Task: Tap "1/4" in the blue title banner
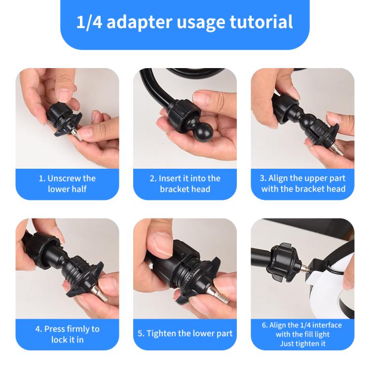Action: [x=89, y=22]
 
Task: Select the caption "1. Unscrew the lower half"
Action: [x=67, y=184]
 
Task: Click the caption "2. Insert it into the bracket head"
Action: [x=185, y=184]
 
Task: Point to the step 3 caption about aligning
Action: [x=303, y=184]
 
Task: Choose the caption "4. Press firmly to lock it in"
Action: [x=67, y=334]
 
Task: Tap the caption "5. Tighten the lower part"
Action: [x=185, y=334]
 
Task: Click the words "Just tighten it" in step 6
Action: [x=302, y=343]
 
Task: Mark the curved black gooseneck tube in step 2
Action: [x=150, y=91]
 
